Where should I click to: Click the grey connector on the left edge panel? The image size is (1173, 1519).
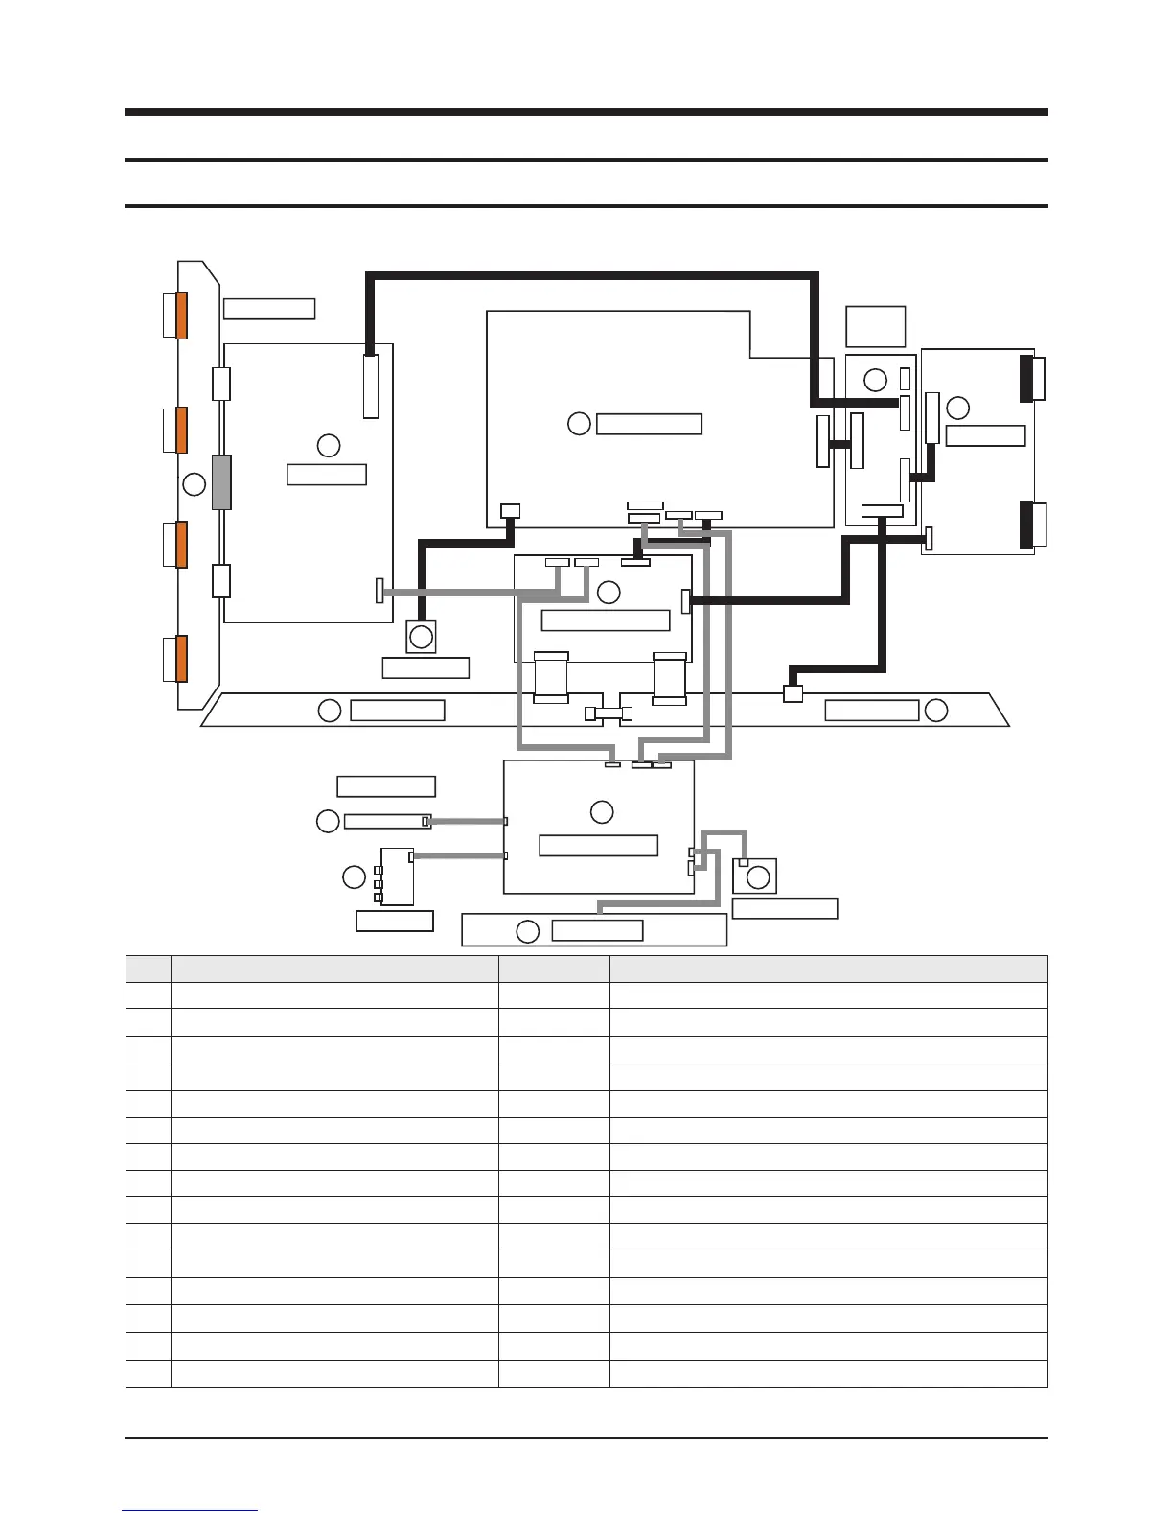click(x=221, y=482)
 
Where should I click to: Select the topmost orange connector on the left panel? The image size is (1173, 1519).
click(x=181, y=315)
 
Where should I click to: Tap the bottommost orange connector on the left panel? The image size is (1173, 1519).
click(x=181, y=658)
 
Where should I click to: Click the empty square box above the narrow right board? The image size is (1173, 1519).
click(x=876, y=326)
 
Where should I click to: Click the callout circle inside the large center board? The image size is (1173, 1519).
click(x=579, y=423)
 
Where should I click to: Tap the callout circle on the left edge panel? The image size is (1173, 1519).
click(x=195, y=483)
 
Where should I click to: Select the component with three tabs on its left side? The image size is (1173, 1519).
click(x=397, y=876)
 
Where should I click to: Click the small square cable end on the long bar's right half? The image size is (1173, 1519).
click(x=793, y=693)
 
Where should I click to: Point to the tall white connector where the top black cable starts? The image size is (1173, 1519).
click(x=371, y=386)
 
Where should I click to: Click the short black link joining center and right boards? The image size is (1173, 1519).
click(x=840, y=444)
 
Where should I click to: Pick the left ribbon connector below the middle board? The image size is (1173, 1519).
click(x=551, y=679)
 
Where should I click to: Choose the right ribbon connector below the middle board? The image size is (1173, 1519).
click(x=669, y=679)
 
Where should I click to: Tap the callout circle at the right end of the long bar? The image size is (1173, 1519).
click(x=936, y=711)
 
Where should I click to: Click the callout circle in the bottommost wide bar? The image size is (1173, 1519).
click(x=527, y=930)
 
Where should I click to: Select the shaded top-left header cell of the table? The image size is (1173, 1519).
click(x=149, y=969)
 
